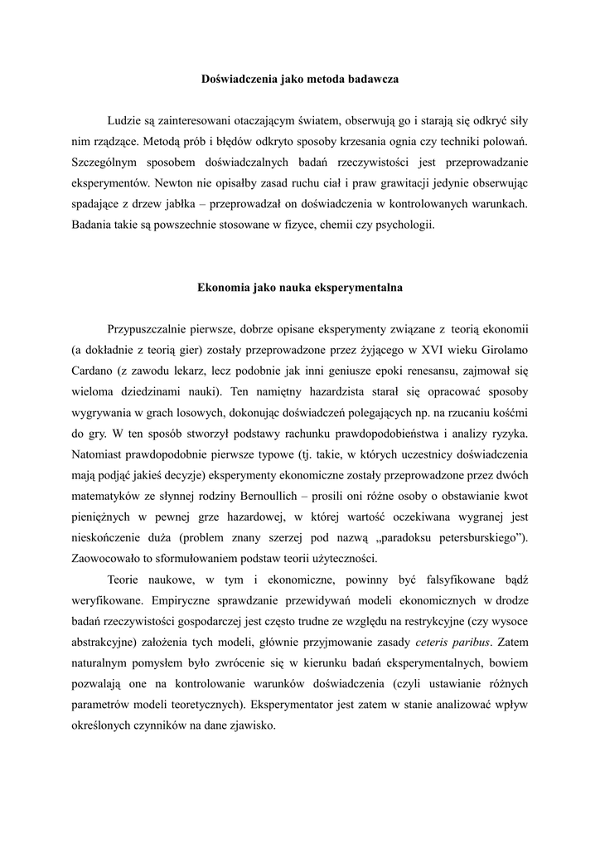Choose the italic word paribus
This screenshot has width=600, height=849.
(475, 642)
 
